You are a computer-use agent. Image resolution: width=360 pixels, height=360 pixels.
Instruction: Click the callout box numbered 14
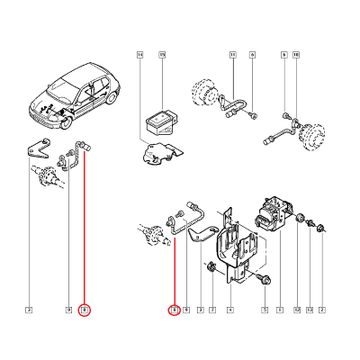click(x=140, y=56)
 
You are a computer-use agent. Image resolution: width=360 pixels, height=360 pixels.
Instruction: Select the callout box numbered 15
click(x=162, y=56)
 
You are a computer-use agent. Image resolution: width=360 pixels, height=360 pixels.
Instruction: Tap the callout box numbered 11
click(x=231, y=56)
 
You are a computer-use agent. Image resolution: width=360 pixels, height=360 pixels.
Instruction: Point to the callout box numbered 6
click(x=252, y=56)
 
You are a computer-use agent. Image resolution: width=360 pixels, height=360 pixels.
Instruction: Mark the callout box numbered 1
click(x=280, y=310)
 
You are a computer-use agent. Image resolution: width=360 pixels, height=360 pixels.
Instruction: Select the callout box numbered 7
click(x=211, y=310)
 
